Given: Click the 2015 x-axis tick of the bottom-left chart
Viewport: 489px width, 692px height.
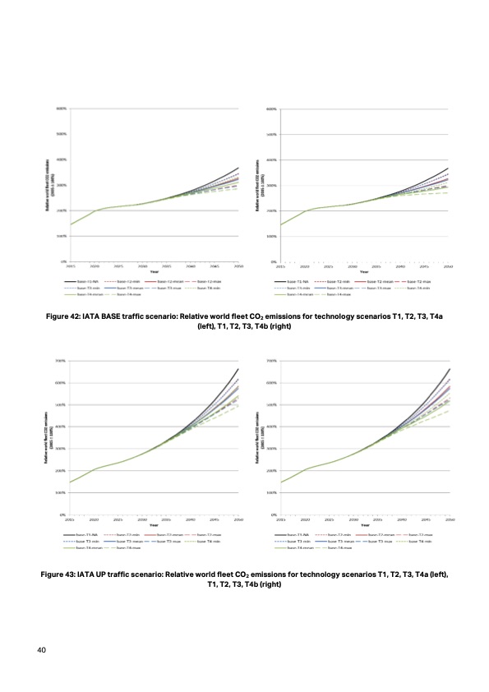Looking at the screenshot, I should click(71, 519).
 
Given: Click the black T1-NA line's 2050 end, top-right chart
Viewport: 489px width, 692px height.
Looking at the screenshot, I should click(449, 168).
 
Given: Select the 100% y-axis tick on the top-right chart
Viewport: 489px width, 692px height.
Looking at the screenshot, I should click(272, 236).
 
